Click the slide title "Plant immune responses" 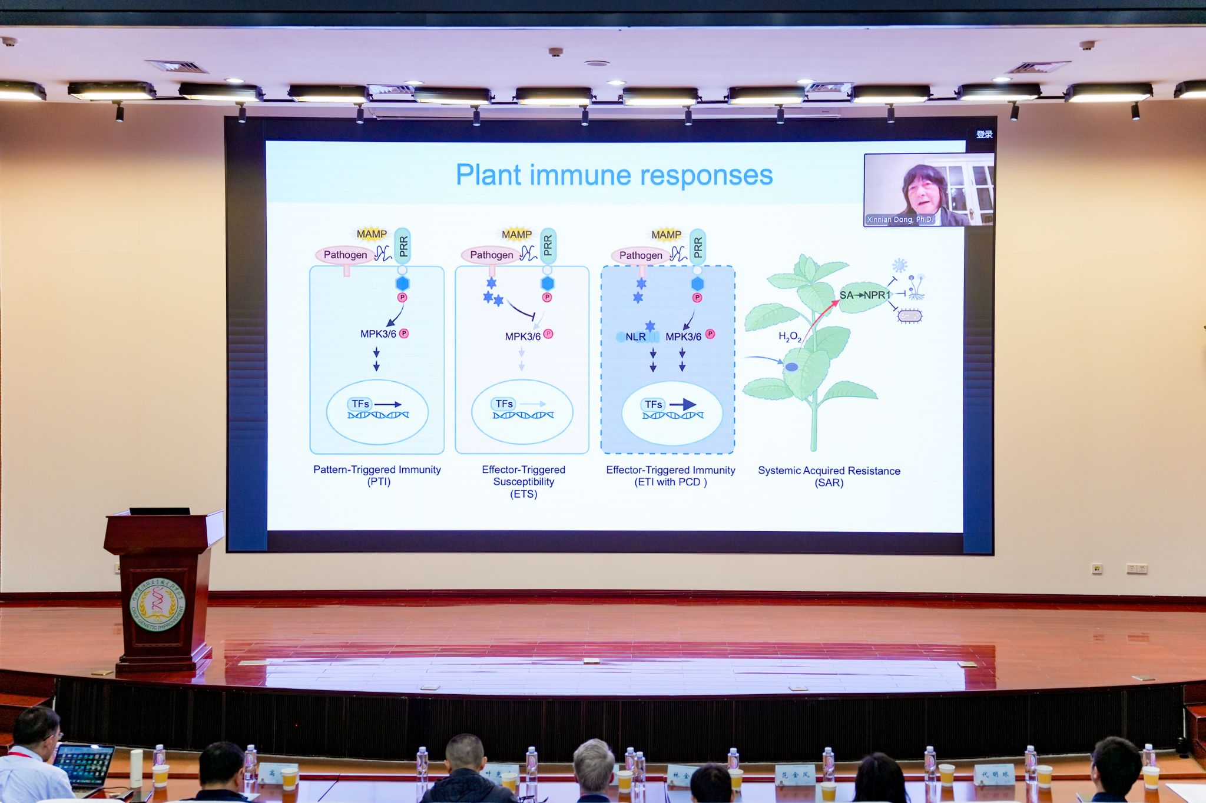click(614, 175)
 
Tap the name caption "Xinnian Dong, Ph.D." click(900, 219)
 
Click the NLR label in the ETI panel click(635, 336)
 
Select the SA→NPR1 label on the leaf click(864, 295)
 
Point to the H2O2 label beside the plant click(789, 336)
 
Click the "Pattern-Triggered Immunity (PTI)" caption click(377, 475)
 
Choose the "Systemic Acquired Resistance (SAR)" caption click(829, 477)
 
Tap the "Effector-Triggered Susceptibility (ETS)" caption click(524, 481)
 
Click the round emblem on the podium click(157, 605)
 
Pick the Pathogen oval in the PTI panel click(345, 255)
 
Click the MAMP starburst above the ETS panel click(516, 235)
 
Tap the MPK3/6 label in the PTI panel click(378, 334)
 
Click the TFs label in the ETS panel click(504, 404)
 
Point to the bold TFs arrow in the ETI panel click(683, 405)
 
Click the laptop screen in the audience click(85, 765)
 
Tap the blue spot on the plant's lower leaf click(791, 367)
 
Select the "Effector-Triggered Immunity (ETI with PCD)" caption click(671, 476)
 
